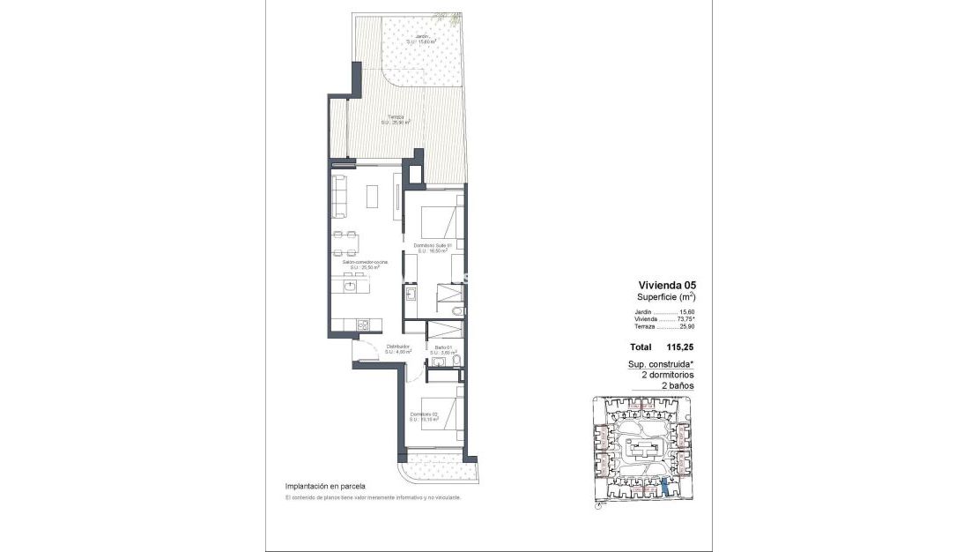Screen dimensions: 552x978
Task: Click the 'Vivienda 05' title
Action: click(667, 285)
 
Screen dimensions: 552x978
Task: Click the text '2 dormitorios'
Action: click(667, 375)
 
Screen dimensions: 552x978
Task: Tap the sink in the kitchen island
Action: click(351, 286)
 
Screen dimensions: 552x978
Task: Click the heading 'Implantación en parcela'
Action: click(324, 486)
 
